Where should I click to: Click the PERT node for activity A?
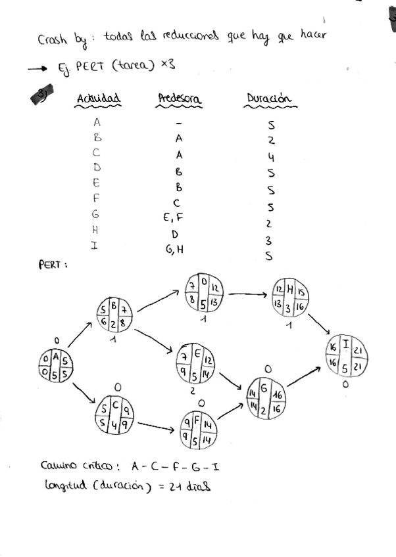pos(55,366)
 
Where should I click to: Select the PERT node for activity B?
pos(114,315)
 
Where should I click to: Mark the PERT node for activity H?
pos(290,299)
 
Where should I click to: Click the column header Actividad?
pos(99,99)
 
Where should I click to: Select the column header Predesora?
pos(179,99)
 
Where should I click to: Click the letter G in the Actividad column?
pos(96,213)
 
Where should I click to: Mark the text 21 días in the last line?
pos(189,486)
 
